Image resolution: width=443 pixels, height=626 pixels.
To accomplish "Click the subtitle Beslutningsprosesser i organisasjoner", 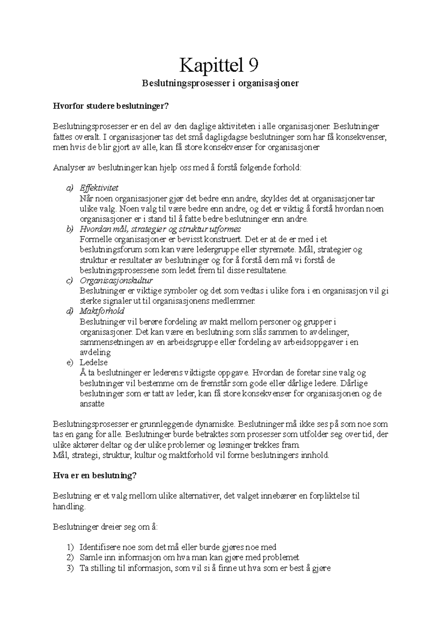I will click(x=220, y=84).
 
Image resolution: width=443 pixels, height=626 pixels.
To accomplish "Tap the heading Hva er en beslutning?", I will click(x=95, y=476).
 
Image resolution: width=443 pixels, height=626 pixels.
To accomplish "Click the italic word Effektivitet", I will click(x=99, y=188).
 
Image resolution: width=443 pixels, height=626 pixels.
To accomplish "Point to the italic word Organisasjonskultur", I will click(x=116, y=280).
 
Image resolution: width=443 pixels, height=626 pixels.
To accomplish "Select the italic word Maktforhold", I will click(x=102, y=311).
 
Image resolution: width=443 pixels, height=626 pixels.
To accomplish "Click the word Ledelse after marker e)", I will click(x=93, y=362).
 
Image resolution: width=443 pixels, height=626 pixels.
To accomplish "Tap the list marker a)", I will click(x=70, y=188).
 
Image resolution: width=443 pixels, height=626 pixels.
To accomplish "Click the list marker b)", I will click(x=70, y=229).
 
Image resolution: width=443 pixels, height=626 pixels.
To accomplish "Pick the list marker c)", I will click(x=70, y=280).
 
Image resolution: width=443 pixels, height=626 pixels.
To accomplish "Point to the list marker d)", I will click(x=70, y=311).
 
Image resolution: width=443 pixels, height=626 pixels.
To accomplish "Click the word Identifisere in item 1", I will click(x=97, y=547).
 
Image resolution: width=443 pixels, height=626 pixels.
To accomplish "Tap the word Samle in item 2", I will click(x=89, y=557).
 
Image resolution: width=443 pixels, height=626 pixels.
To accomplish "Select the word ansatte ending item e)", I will click(x=92, y=404).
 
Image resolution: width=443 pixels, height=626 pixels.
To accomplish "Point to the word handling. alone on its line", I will click(x=69, y=507).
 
